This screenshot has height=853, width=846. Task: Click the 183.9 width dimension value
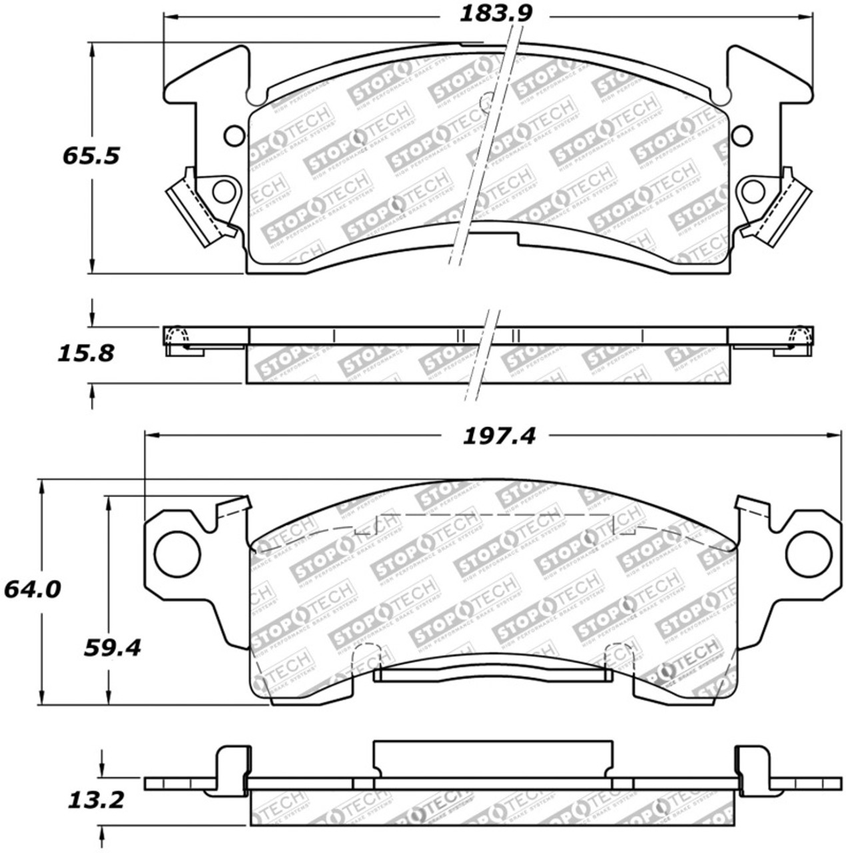coord(497,13)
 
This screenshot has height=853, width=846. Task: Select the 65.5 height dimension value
coord(91,156)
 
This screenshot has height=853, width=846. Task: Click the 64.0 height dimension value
coord(31,589)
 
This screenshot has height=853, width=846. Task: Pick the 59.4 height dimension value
coord(113,646)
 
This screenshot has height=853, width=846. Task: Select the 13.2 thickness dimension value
coord(96,800)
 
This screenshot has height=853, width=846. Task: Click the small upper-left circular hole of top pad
coord(234,136)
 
